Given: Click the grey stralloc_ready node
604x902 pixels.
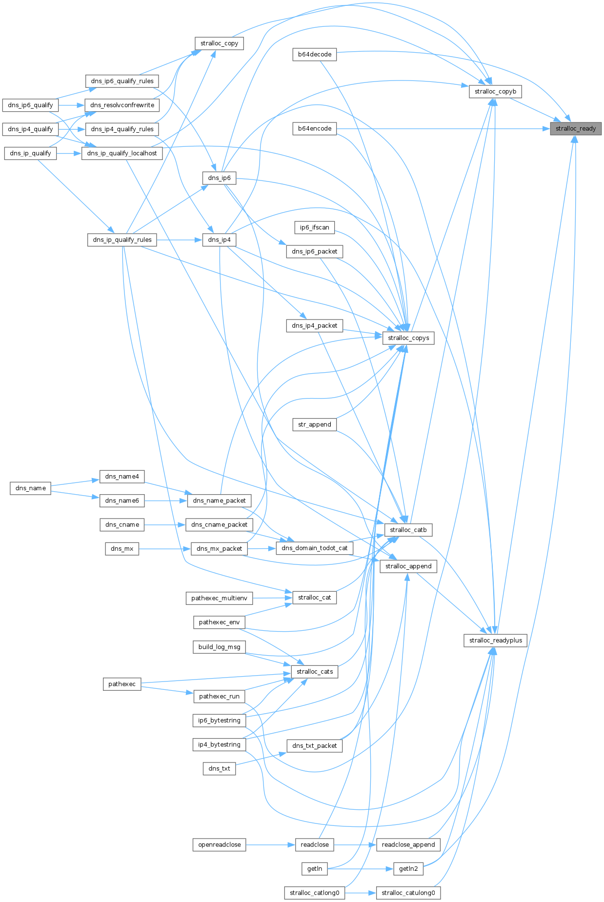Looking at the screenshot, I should point(576,129).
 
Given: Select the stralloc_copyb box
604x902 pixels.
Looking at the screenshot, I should point(495,92).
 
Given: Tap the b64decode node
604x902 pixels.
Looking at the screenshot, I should point(315,55).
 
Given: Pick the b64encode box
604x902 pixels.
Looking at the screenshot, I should point(315,129).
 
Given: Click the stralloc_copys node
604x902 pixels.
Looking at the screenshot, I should point(408,338).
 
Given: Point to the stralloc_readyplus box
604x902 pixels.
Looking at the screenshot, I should point(495,641).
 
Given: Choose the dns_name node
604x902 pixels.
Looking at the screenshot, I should point(31,488).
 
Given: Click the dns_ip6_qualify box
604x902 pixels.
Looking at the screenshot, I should point(30,105).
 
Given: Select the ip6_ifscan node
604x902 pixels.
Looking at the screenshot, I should point(315,227).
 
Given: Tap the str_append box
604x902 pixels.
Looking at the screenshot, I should point(315,424).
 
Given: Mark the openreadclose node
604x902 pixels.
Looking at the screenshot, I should point(220,845).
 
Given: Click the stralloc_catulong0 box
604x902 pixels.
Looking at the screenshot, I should point(408,893).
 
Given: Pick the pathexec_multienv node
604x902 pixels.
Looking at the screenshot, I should point(219,598).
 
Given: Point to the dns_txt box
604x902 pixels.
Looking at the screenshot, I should point(219,769).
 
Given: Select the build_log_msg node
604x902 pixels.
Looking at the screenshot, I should point(219,647).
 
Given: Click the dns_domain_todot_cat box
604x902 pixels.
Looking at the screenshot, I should point(315,548).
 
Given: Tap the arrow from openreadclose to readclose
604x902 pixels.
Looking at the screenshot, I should point(270,845).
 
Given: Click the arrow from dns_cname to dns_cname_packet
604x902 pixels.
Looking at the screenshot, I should point(164,525).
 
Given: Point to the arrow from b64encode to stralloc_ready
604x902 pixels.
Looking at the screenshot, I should point(439,129).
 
